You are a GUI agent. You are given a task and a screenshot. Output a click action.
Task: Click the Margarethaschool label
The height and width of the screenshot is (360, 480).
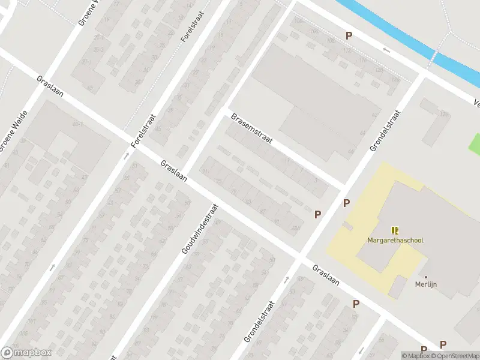(x=395, y=241)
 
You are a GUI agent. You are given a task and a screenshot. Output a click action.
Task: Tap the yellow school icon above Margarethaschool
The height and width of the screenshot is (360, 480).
(x=395, y=230)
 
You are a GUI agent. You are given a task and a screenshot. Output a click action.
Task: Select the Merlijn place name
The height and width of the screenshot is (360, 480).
(x=426, y=285)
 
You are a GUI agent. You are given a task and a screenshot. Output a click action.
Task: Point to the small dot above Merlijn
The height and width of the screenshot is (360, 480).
(x=426, y=277)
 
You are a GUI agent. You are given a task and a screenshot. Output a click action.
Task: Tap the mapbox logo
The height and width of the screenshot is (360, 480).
(x=26, y=353)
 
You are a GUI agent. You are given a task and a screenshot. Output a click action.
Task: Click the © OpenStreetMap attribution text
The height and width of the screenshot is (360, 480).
(x=455, y=356)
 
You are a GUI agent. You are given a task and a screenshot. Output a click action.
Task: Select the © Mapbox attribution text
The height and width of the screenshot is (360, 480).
(x=416, y=356)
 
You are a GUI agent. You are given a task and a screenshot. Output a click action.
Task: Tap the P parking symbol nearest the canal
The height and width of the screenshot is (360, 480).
(x=349, y=36)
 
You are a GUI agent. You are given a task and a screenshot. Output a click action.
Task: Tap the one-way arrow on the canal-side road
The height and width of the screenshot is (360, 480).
(x=387, y=50)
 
